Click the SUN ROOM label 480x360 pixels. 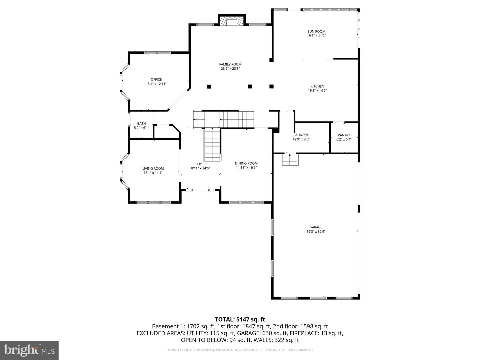316,32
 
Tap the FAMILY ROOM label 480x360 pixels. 230,64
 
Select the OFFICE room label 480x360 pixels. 156,79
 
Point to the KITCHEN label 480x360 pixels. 317,86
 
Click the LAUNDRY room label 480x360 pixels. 301,135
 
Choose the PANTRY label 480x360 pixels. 344,135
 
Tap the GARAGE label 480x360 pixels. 316,227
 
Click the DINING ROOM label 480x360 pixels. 246,163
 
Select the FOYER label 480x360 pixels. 200,164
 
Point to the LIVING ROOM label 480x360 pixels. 153,169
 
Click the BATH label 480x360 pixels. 141,124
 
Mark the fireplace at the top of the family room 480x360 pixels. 232,22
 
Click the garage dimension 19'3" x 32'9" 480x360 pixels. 316,232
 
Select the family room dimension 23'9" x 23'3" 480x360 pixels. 230,69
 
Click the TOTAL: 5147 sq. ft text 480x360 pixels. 240,320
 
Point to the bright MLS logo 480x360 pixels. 29,350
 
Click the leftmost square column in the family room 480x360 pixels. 209,87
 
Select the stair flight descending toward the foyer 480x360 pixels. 212,144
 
